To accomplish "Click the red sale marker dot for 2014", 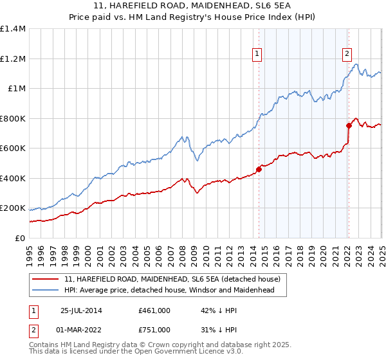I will point(259,170).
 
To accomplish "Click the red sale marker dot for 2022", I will point(348,126).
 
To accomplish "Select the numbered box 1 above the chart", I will point(257,55).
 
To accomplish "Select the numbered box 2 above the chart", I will point(347,55).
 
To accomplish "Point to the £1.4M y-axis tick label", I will point(13,29).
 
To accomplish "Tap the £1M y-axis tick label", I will point(17,88).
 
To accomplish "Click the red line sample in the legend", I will point(46,280).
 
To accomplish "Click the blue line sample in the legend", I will point(46,290).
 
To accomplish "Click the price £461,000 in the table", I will point(154,310).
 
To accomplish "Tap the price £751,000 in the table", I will point(154,329).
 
